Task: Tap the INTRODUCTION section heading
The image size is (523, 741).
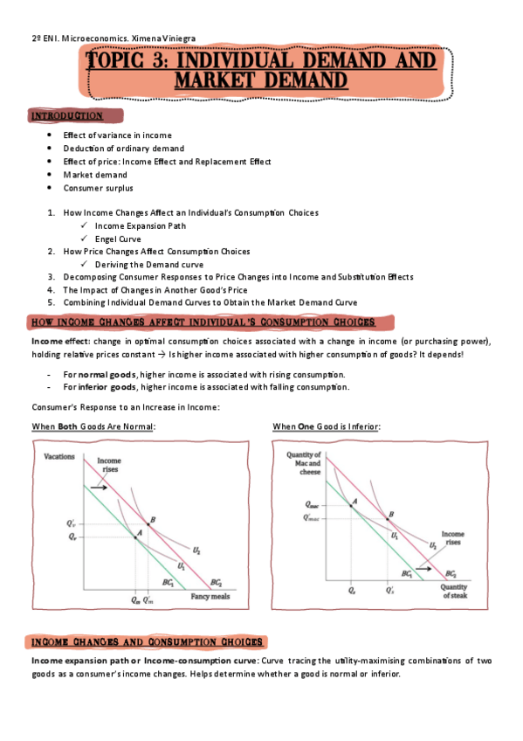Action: click(68, 115)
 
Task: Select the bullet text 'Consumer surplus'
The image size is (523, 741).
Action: click(98, 187)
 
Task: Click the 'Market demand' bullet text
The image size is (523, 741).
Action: click(92, 175)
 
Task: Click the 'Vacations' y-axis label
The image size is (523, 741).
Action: click(59, 456)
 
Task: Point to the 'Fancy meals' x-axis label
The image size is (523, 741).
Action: click(210, 597)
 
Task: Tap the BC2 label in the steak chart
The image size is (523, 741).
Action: click(451, 574)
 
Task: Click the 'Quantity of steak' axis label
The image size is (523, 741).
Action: click(454, 592)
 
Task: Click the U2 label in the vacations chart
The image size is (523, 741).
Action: click(196, 551)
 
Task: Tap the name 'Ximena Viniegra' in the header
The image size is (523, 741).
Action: click(166, 38)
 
